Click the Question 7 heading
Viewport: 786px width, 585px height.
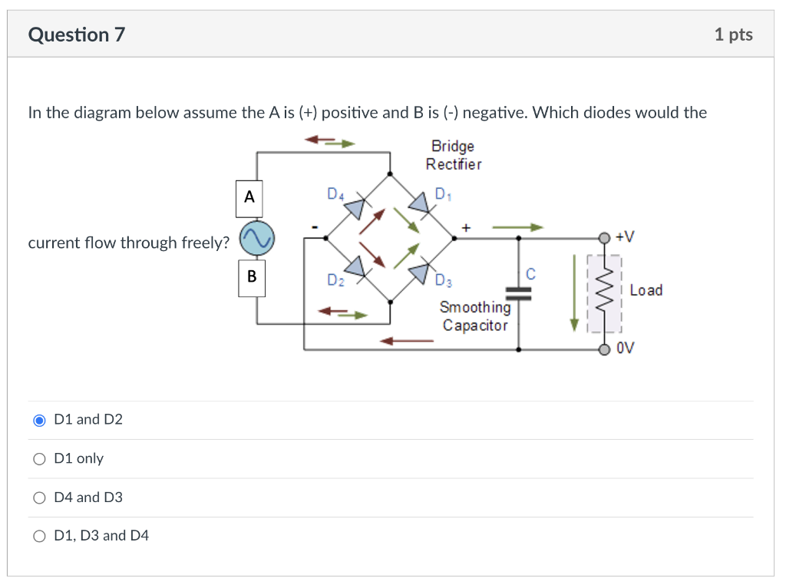pyautogui.click(x=76, y=35)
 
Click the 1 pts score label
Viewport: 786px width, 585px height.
pyautogui.click(x=733, y=35)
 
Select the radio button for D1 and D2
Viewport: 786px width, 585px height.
pyautogui.click(x=40, y=420)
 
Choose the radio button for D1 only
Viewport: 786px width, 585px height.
pyautogui.click(x=40, y=458)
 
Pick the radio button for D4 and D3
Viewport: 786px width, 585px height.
pyautogui.click(x=40, y=497)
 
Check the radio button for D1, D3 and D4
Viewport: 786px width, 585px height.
pyautogui.click(x=40, y=536)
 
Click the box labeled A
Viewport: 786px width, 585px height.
pyautogui.click(x=249, y=197)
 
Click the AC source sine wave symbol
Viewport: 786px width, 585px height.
pyautogui.click(x=256, y=239)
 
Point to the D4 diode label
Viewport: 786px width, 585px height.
pyautogui.click(x=335, y=194)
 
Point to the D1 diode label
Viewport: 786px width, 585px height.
pyautogui.click(x=443, y=194)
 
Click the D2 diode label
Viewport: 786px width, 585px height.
pyautogui.click(x=335, y=279)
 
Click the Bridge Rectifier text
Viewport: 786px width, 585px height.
pyautogui.click(x=454, y=155)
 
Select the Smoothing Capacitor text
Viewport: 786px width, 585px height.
pyautogui.click(x=474, y=316)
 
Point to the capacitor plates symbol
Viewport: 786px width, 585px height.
pyautogui.click(x=520, y=290)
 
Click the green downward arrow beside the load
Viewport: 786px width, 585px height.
pyautogui.click(x=573, y=296)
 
